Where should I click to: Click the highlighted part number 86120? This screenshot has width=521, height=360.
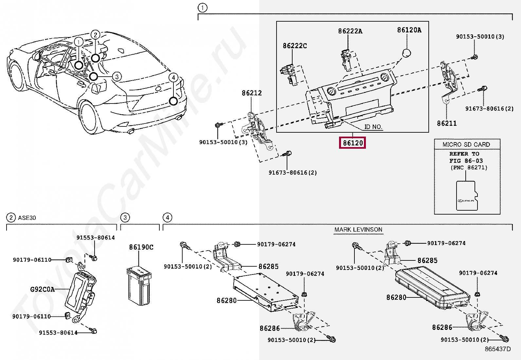(x=352, y=143)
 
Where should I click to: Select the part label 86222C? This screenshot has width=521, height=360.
(x=295, y=46)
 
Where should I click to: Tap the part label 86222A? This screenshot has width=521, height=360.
(x=350, y=31)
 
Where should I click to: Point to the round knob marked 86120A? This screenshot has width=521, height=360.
(x=406, y=53)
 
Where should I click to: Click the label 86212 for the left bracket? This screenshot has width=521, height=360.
(x=252, y=93)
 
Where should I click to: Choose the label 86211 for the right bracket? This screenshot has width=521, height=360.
(x=447, y=123)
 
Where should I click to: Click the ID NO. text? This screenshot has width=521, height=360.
(x=373, y=127)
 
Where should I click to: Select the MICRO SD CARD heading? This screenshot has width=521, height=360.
(x=466, y=144)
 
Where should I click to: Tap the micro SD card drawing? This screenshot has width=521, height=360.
(x=467, y=196)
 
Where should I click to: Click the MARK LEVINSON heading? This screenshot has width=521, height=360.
(x=358, y=230)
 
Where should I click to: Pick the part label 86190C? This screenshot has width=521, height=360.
(x=141, y=247)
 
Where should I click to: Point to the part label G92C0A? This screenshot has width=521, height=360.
(x=42, y=289)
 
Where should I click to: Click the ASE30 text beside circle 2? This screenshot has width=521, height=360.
(x=27, y=218)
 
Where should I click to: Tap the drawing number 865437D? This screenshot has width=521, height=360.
(x=497, y=349)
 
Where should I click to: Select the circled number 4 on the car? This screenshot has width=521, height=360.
(x=173, y=78)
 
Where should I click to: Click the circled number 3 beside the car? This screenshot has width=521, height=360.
(x=117, y=77)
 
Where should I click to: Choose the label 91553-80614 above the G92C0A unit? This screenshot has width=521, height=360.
(x=96, y=238)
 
